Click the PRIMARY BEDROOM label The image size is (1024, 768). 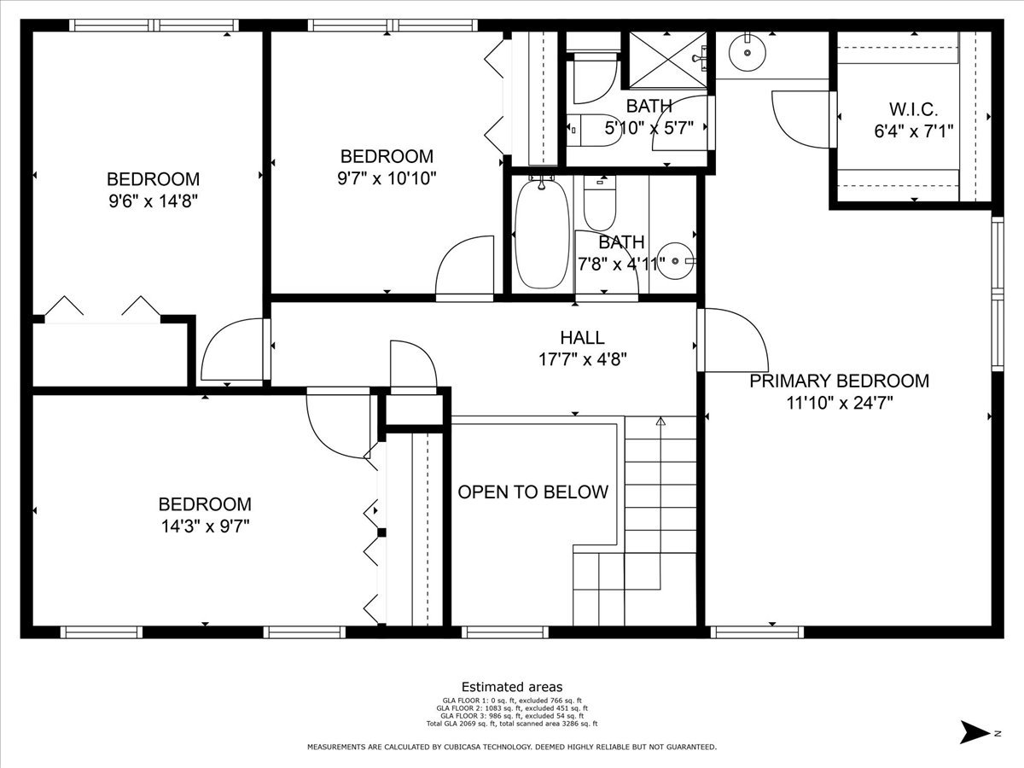(839, 381)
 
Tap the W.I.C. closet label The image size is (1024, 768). (913, 110)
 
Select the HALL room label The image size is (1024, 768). (582, 338)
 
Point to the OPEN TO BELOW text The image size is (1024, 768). (532, 492)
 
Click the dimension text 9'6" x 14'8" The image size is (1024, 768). (153, 201)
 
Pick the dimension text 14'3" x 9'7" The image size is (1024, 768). (204, 526)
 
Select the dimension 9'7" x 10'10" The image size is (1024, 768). (387, 178)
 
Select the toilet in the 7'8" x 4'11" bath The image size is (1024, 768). (599, 200)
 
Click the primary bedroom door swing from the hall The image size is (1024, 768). (730, 340)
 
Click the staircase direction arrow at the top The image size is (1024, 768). (660, 421)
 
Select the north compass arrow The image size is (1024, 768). (973, 731)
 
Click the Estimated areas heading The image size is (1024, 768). (512, 687)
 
